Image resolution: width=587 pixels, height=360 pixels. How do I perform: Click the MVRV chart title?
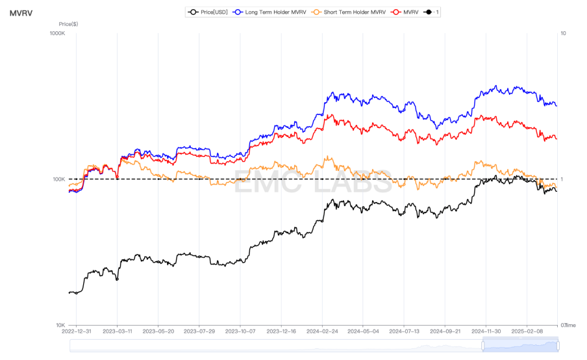coord(21,12)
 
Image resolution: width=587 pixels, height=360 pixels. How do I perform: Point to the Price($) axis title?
coord(68,24)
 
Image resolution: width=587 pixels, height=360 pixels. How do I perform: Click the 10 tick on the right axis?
coord(563,33)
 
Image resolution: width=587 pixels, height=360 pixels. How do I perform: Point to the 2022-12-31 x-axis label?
coord(76,331)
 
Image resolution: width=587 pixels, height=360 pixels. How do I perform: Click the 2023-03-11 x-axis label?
coord(117,331)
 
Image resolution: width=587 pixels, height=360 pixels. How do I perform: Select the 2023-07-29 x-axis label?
coord(199,331)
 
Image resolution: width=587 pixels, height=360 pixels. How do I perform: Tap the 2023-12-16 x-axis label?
coord(281,331)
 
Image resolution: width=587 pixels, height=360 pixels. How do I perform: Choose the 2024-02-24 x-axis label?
coord(322,331)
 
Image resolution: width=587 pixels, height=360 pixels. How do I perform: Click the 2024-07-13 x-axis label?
coord(404,331)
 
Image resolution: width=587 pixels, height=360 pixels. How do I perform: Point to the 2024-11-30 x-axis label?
coord(486,331)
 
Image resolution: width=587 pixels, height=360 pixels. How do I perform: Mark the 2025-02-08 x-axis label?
coord(527,331)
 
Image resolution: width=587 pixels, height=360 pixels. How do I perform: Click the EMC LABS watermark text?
coord(312,183)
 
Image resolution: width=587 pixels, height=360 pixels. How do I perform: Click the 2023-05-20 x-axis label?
coord(158,331)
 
